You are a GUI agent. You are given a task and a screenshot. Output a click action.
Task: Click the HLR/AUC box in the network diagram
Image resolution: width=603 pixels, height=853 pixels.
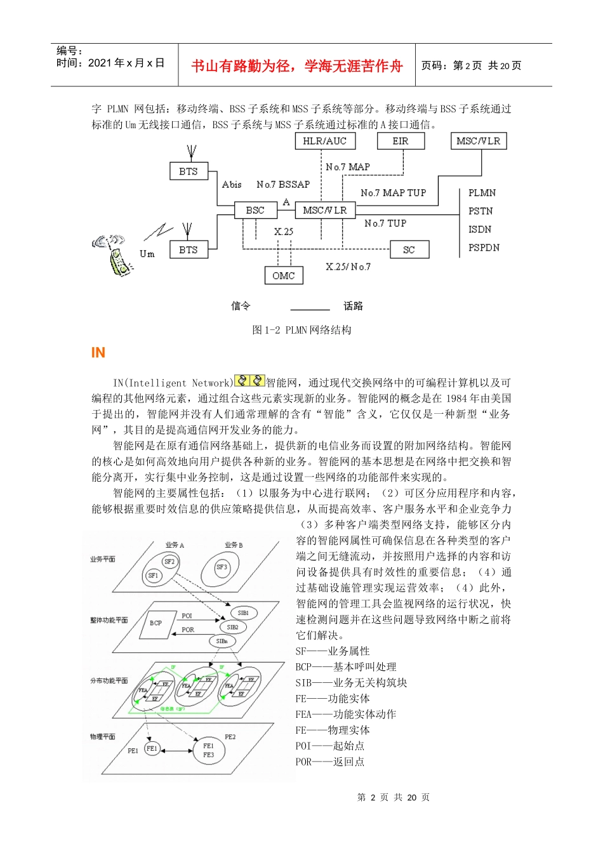tap(324, 141)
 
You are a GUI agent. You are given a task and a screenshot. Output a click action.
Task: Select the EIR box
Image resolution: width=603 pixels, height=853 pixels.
tap(400, 141)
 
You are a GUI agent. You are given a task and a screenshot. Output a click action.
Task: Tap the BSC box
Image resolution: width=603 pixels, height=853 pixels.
tap(255, 210)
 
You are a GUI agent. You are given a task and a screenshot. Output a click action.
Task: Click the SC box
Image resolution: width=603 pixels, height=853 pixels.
tap(409, 249)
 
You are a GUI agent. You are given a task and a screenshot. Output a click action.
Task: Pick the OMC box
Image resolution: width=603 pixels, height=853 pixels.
tap(283, 275)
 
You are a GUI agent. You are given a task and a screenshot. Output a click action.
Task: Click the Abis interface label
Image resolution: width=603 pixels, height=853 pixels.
tap(232, 185)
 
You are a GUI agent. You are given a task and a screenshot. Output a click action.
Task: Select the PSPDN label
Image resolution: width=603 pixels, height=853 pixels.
tap(484, 248)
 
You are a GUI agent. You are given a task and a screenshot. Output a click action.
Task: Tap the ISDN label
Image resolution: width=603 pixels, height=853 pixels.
tap(480, 229)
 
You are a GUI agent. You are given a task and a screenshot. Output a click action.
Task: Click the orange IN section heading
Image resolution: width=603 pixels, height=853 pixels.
tap(98, 353)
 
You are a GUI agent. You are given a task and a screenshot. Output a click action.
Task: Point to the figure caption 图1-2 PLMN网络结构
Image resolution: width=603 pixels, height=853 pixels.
tap(301, 330)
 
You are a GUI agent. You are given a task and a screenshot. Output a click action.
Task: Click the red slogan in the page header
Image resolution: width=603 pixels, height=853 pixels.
tap(297, 66)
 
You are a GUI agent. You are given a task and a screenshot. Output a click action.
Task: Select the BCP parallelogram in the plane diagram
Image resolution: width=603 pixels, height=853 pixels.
tap(156, 623)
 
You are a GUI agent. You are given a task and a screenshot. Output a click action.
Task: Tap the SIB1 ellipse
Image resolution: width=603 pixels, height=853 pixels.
tap(243, 613)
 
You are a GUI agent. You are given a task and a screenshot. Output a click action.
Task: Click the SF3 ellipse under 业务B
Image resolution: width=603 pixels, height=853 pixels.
tap(222, 567)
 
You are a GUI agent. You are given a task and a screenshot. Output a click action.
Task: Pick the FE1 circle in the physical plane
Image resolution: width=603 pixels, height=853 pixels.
tap(152, 748)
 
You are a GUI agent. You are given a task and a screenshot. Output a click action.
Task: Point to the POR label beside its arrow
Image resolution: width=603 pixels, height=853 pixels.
tap(188, 630)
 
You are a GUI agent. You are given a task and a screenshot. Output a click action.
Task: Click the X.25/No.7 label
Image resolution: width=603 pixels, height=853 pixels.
tap(348, 267)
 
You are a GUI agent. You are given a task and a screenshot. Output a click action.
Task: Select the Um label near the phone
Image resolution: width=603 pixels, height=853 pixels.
tap(147, 254)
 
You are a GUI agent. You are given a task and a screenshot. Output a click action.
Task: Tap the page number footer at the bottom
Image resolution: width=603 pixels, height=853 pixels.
tap(393, 798)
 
